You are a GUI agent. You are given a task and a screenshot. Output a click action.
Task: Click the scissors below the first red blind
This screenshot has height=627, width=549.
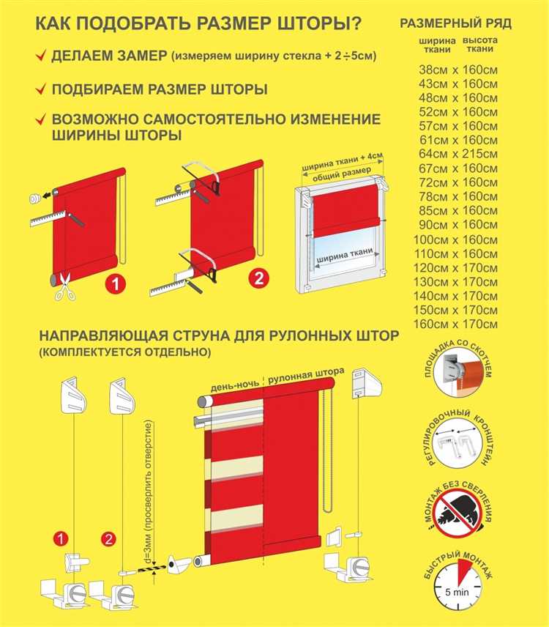(65, 286)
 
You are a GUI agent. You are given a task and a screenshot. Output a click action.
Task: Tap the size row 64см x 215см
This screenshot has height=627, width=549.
(458, 154)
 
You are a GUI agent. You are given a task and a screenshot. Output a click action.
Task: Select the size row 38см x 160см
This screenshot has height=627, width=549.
(458, 70)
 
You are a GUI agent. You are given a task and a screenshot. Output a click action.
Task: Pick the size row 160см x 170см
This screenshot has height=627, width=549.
(456, 324)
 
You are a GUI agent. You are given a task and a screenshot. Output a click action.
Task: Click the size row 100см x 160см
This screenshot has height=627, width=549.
(456, 240)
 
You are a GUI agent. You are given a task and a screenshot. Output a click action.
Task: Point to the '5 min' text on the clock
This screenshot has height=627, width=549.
(457, 593)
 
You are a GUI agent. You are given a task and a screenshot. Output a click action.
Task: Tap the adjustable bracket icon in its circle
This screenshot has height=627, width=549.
(457, 445)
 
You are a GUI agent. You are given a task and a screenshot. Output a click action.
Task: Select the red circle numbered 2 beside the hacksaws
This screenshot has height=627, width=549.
(259, 278)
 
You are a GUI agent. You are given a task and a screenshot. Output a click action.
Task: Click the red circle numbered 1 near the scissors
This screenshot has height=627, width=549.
(116, 284)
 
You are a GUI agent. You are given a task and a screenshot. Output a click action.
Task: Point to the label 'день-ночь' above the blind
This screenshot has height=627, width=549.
(234, 385)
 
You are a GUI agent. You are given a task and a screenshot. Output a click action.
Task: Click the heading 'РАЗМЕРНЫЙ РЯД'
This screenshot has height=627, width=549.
(456, 23)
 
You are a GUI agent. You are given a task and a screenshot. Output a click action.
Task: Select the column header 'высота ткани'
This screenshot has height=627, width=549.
(480, 45)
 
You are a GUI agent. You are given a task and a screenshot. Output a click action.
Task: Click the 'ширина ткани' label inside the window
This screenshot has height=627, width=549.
(346, 256)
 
